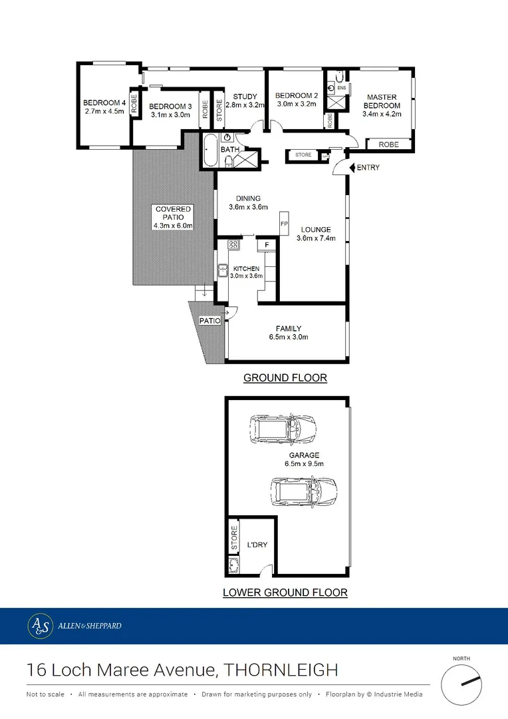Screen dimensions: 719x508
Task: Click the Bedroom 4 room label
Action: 104,103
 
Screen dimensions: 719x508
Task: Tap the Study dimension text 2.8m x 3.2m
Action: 245,105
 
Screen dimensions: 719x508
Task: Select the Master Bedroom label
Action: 382,101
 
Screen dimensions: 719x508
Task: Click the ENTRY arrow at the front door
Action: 352,167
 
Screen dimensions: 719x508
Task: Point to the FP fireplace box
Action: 284,223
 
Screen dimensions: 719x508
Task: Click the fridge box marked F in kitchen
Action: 267,245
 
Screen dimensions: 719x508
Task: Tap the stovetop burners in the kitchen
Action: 233,245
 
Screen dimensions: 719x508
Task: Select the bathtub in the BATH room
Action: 209,150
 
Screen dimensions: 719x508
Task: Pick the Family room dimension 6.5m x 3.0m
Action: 289,337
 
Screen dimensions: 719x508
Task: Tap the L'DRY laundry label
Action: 257,545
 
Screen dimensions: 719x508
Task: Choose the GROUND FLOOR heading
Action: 285,378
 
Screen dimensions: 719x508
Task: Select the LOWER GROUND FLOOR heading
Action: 285,593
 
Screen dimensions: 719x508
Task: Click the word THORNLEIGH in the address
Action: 281,669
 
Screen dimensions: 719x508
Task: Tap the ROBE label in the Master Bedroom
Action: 389,144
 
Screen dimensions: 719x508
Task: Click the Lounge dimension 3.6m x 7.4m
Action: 315,238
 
